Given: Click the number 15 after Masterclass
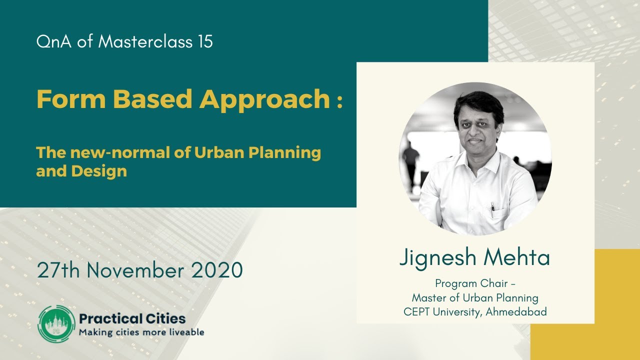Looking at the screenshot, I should pyautogui.click(x=204, y=41).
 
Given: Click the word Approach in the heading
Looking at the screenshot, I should pyautogui.click(x=264, y=100).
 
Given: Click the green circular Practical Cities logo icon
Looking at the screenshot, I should pyautogui.click(x=56, y=323).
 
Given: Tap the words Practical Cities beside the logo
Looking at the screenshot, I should pyautogui.click(x=132, y=318).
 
